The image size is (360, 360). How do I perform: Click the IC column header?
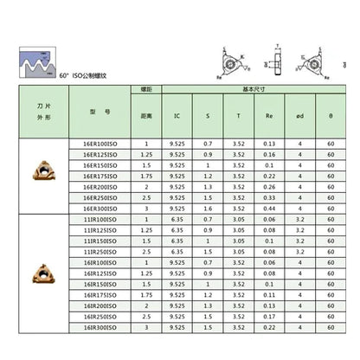[177, 114]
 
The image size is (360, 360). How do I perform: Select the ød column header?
[300, 114]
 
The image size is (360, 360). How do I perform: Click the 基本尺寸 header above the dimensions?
[254, 90]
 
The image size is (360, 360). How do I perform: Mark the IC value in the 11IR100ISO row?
[177, 219]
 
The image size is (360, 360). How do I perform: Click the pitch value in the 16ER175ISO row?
[146, 176]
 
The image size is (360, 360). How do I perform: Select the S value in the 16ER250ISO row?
[208, 197]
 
